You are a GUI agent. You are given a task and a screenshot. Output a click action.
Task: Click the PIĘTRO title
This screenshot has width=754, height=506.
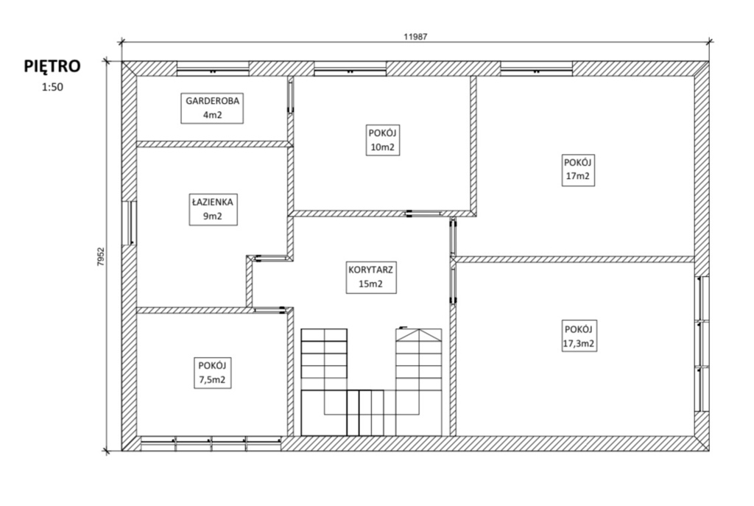point(52,66)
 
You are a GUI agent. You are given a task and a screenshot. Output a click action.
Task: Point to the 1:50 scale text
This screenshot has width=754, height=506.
point(52,88)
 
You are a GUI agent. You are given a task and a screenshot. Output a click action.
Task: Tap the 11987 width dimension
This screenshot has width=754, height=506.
point(415,37)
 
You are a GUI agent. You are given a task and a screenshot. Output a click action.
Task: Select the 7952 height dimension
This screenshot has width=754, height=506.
point(100,257)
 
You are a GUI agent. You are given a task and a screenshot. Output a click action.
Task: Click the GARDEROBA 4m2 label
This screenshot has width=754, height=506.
point(212,108)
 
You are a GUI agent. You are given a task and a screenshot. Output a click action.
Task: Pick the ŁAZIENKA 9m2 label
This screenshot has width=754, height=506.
point(213,209)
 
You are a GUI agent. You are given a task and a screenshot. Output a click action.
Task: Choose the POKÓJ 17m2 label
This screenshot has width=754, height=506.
point(577,169)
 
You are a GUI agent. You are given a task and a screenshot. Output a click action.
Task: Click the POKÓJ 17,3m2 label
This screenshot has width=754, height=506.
point(579,336)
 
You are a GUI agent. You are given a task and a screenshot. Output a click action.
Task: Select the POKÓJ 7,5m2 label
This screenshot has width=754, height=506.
point(213,373)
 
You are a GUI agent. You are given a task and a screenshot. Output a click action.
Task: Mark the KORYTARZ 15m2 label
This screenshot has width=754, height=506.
point(371,277)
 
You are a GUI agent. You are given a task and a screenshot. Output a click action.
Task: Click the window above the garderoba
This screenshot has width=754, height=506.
point(213,68)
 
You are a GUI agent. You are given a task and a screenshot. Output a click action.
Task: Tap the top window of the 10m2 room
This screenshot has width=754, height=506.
point(350,68)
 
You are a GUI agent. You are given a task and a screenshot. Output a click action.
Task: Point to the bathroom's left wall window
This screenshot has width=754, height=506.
point(129,223)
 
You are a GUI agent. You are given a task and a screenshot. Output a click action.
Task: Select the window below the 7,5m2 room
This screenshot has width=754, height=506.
point(211,443)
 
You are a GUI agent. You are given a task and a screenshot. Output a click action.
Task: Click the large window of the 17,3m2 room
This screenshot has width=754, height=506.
point(702,343)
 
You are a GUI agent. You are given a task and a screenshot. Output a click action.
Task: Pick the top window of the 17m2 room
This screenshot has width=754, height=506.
point(537,68)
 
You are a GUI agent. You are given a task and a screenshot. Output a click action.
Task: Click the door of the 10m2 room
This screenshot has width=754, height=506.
point(423,214)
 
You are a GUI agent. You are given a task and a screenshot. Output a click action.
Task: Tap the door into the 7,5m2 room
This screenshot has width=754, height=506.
point(269,310)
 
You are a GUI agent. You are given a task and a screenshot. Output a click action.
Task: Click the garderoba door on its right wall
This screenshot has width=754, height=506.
point(290,96)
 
